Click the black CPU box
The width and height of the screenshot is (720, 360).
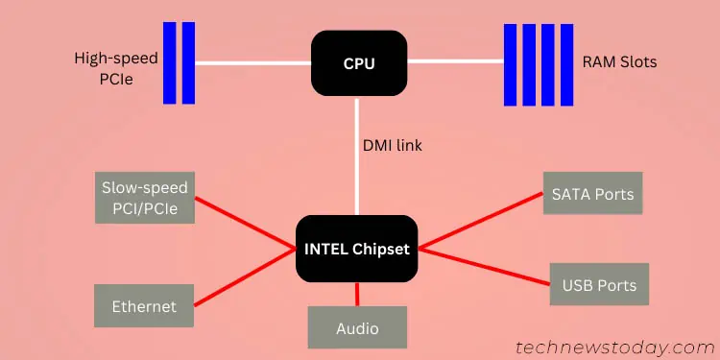359,63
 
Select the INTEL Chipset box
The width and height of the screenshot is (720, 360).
357,249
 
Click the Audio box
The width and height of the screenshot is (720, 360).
357,328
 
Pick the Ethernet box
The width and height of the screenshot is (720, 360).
144,306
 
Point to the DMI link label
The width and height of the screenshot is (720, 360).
393,146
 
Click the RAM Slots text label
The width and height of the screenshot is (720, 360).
619,63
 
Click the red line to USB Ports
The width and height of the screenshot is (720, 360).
485,266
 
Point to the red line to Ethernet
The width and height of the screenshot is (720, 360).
244,277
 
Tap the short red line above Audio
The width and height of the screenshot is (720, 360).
357,294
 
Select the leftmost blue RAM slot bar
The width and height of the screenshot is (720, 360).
511,63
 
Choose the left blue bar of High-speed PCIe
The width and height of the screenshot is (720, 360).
169,63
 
